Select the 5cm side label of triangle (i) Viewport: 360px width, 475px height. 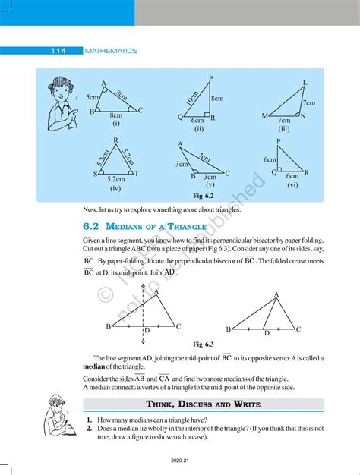coord(92,98)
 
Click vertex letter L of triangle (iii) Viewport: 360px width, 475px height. coord(305,82)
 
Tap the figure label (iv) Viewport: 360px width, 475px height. coord(115,187)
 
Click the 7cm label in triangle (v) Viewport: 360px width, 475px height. coord(204,157)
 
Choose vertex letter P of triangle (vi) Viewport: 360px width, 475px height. coord(279,141)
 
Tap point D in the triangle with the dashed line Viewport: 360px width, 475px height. coord(147,331)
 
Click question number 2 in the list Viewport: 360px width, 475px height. coord(89,428)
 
